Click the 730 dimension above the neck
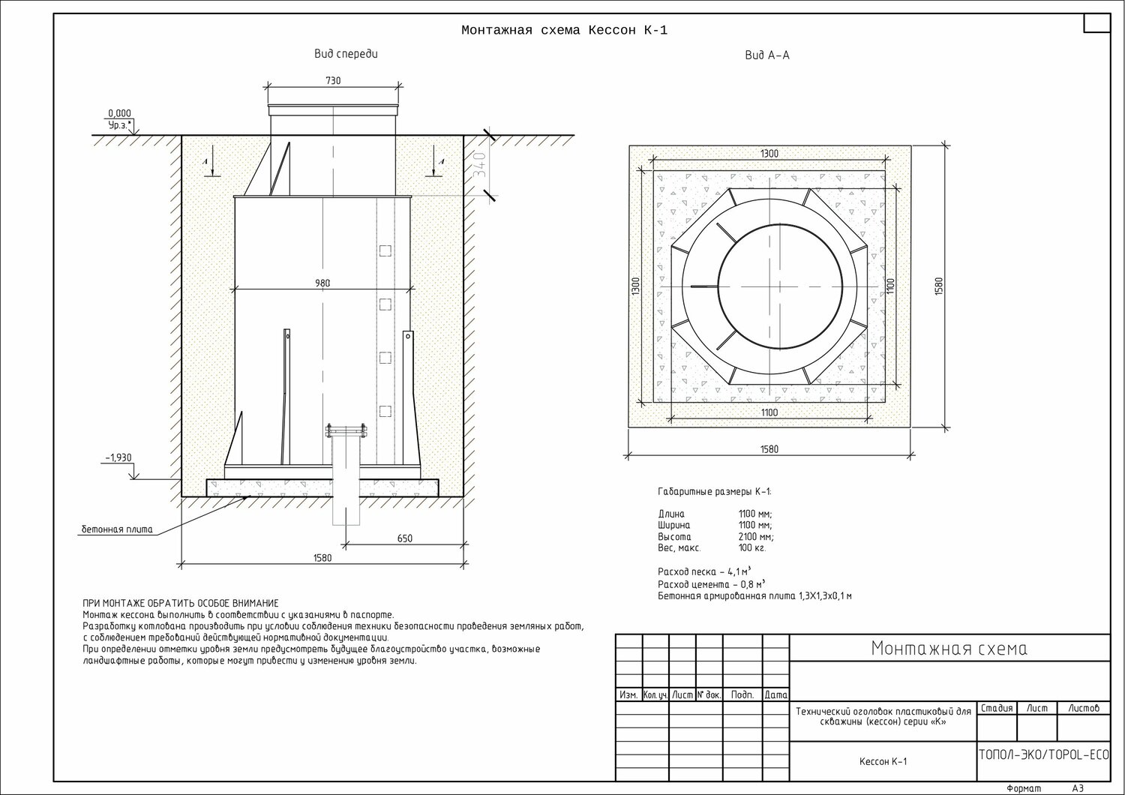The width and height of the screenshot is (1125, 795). point(333,80)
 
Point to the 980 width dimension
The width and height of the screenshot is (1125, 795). point(322,283)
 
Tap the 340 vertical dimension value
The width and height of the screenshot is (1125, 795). point(480,165)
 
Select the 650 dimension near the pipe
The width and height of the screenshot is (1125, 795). point(405,538)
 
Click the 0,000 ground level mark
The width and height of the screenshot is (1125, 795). point(119,113)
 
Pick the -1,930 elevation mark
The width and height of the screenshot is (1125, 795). point(118,457)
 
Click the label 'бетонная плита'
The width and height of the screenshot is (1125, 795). point(117,529)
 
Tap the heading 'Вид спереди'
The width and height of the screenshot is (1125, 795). point(346,54)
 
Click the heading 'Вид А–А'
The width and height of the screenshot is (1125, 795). point(767,55)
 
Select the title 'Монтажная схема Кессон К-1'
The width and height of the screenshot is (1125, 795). point(565,31)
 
